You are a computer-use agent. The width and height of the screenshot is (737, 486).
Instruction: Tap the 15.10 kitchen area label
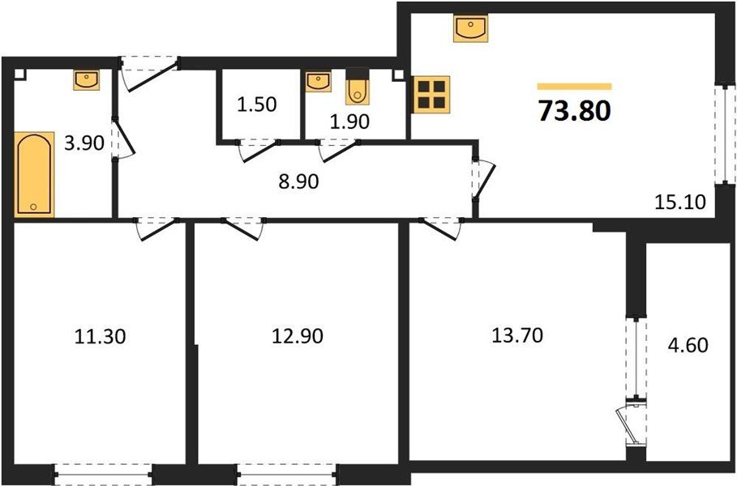click(679, 199)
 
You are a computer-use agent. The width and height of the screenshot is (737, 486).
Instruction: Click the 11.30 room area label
click(101, 335)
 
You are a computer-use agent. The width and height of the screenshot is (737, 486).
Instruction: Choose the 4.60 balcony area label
click(688, 346)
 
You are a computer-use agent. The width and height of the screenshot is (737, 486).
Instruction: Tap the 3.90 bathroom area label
click(84, 145)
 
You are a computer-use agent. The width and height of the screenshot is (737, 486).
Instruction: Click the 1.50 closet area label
click(257, 104)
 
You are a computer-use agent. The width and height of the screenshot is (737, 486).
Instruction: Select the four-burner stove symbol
click(431, 94)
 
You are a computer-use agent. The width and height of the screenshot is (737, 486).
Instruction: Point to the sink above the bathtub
click(86, 79)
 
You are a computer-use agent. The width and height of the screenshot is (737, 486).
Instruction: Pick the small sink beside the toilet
click(316, 81)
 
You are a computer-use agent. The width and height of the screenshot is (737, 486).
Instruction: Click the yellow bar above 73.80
click(574, 86)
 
